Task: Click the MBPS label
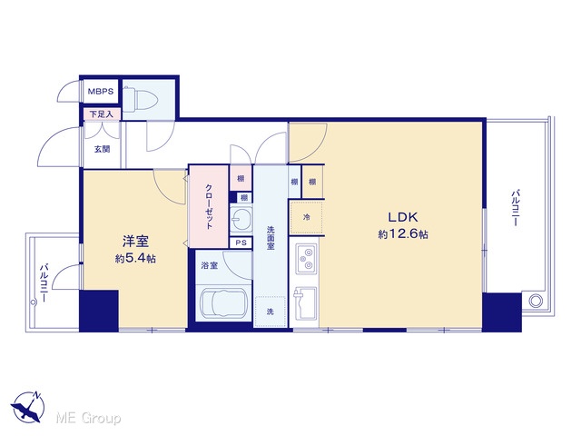point(101,91)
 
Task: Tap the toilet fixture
point(140,98)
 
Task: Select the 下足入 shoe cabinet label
point(101,114)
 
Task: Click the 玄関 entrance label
point(102,149)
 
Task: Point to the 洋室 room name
point(135,242)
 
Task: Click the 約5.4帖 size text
point(135,258)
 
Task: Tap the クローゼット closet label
point(210,206)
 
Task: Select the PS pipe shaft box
point(241,243)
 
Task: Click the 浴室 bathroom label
point(210,265)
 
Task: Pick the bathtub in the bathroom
point(223,303)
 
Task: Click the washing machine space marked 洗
point(271,312)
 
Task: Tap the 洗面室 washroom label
point(271,238)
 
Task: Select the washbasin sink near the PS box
point(241,218)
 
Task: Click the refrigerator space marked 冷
point(307,217)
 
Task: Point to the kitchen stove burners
point(306,259)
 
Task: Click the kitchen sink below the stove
point(305,303)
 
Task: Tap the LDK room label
point(403,217)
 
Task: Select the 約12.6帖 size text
point(403,234)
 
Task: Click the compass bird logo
point(28,407)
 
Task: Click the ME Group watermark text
point(88,418)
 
